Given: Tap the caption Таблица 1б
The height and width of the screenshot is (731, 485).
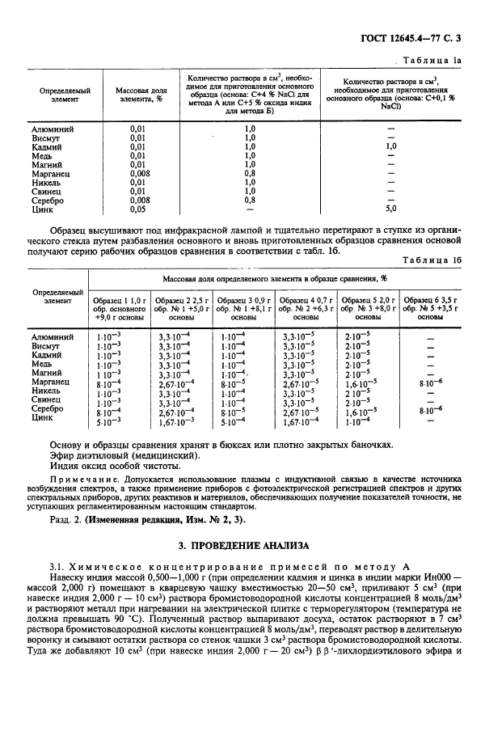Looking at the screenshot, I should point(433,260).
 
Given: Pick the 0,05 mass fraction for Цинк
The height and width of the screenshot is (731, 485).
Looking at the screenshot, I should point(138,209).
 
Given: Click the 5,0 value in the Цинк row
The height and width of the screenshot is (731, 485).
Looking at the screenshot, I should point(391,209).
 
